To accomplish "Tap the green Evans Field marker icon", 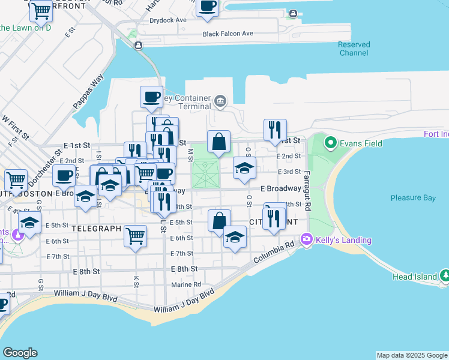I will click(330, 143).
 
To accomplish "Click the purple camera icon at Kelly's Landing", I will click(307, 240).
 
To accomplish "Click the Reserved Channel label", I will click(354, 49).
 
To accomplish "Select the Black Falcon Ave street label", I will click(228, 34).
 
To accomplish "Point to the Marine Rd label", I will click(185, 284).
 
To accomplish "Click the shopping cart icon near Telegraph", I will click(136, 235).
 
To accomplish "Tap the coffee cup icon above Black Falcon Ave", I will click(207, 7).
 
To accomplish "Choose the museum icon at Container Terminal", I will click(220, 100).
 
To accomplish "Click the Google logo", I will click(20, 353).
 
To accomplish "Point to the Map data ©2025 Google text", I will click(411, 355).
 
